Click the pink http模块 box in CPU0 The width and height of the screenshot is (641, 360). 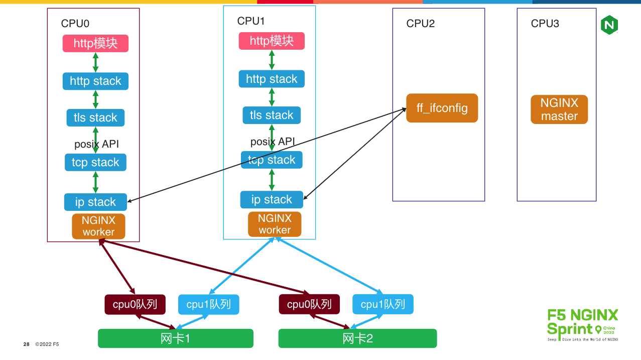tap(95, 43)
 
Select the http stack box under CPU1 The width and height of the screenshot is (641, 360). tap(272, 79)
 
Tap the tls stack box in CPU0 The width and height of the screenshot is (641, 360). tap(95, 117)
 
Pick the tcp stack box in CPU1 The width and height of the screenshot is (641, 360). tap(272, 160)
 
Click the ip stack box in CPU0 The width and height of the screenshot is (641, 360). tap(95, 202)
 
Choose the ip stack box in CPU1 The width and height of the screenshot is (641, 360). tap(272, 199)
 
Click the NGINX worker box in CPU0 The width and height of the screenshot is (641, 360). tap(98, 226)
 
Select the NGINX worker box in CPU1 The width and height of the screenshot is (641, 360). tap(275, 224)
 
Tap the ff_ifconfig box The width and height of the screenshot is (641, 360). tap(442, 108)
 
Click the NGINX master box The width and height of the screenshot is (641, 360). tap(559, 109)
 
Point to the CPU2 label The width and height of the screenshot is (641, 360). tap(420, 24)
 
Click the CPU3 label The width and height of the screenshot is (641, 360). tap(545, 24)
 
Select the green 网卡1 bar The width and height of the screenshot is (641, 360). tap(175, 338)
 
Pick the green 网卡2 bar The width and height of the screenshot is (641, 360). tap(357, 338)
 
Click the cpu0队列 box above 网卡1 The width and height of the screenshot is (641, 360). tap(135, 304)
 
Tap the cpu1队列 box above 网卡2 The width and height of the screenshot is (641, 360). tap(382, 304)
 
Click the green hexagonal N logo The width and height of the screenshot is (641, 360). tap(609, 25)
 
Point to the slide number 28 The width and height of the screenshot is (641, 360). tap(27, 344)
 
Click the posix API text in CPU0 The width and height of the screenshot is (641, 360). tap(96, 144)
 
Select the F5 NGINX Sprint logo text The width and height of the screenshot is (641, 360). tap(582, 322)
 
